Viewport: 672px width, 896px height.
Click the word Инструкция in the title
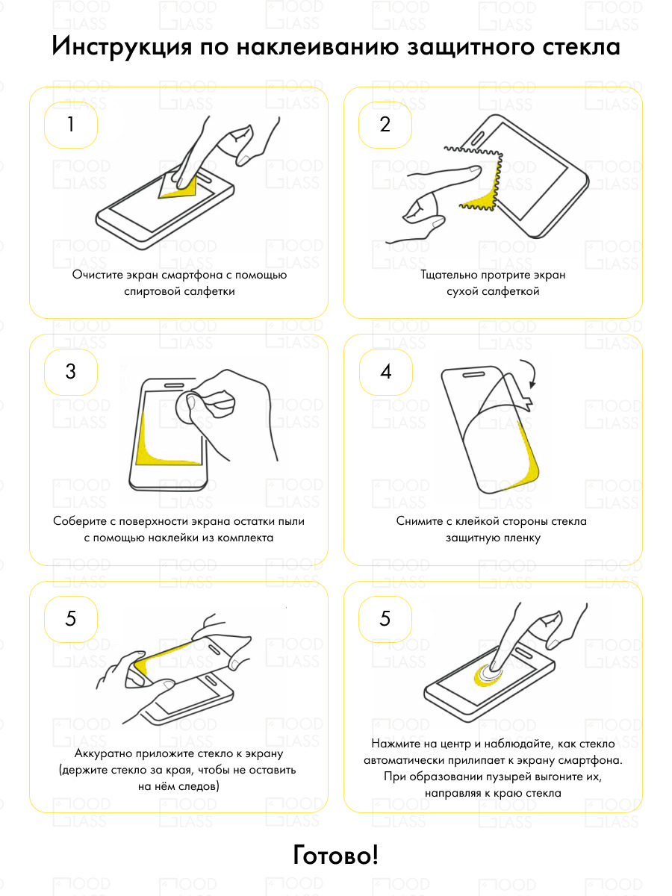[122, 47]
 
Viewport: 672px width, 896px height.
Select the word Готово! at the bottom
[336, 854]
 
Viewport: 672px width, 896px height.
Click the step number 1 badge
[71, 125]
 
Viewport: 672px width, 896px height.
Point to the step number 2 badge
[385, 125]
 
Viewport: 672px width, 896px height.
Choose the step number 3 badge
[71, 371]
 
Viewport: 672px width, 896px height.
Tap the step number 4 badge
[386, 371]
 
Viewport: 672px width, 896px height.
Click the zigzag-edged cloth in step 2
[478, 180]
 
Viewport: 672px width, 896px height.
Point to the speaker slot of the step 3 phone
[174, 385]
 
